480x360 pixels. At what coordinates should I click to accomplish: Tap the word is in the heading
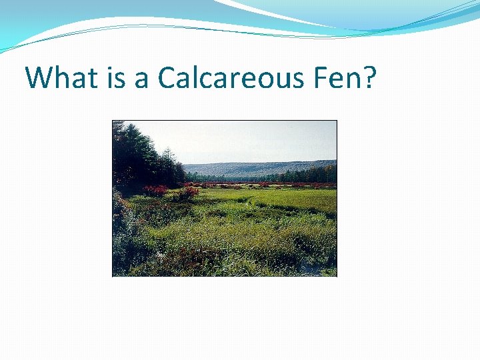110,78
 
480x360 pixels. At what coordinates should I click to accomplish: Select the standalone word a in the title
141,81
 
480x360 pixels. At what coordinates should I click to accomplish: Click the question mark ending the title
369,78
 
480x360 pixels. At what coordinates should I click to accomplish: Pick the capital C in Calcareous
167,78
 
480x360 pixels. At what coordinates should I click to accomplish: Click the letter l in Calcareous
197,77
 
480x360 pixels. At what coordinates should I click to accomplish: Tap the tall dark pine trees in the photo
137,157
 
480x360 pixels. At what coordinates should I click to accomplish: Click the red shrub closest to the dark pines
154,191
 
